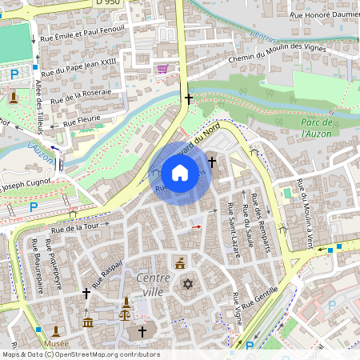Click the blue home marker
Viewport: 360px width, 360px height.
[x=180, y=173]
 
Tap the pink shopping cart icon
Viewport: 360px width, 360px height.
[x=163, y=69]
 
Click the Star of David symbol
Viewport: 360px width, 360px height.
[x=189, y=284]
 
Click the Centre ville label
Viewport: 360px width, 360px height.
[x=154, y=285]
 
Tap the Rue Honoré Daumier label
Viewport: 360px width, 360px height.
[x=323, y=15]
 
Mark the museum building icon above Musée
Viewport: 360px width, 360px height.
[x=56, y=330]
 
